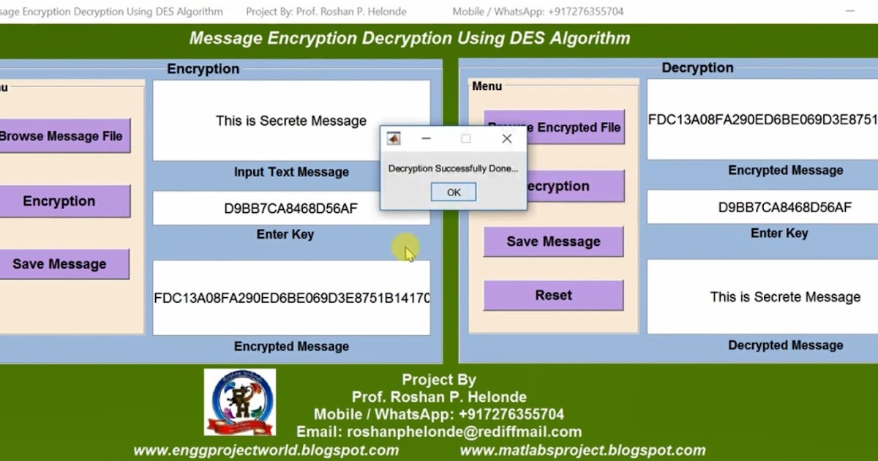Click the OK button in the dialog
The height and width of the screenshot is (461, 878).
(x=454, y=192)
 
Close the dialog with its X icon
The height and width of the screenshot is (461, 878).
(x=507, y=138)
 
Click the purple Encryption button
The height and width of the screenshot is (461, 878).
(x=59, y=201)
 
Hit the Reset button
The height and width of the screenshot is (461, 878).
(x=553, y=296)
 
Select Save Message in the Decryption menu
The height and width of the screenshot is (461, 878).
(x=553, y=241)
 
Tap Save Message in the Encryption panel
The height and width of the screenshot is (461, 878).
(x=59, y=264)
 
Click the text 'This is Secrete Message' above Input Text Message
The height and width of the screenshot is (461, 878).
(x=291, y=121)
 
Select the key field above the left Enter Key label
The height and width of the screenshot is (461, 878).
(x=291, y=209)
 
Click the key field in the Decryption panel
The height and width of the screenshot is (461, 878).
(x=784, y=207)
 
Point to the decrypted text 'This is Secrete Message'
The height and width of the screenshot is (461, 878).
(x=785, y=297)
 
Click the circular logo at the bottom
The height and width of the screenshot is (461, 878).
(x=240, y=402)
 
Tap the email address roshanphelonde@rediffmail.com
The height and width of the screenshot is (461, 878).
(x=464, y=432)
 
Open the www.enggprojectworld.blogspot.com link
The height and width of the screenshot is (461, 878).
(x=266, y=451)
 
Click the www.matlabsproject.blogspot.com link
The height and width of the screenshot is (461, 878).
(x=582, y=451)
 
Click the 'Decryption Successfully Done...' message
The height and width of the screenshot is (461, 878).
(x=453, y=168)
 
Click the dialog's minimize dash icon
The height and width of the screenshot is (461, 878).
(x=427, y=138)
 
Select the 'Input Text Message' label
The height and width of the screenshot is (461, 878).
(x=291, y=172)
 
